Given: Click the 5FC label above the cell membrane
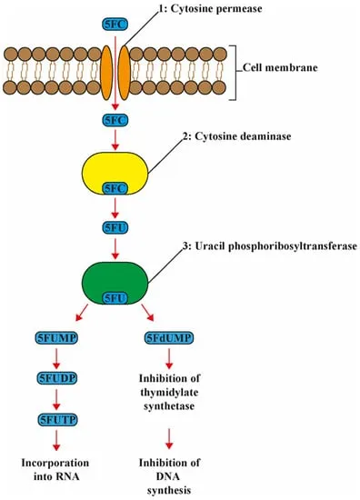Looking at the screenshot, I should click(114, 17).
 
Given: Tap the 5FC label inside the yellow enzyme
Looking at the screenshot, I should click(114, 187).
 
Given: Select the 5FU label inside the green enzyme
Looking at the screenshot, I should click(114, 297).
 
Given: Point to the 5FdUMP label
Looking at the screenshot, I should click(169, 338).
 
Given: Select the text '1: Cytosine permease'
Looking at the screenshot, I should click(211, 8).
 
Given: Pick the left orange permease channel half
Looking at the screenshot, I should click(104, 67).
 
